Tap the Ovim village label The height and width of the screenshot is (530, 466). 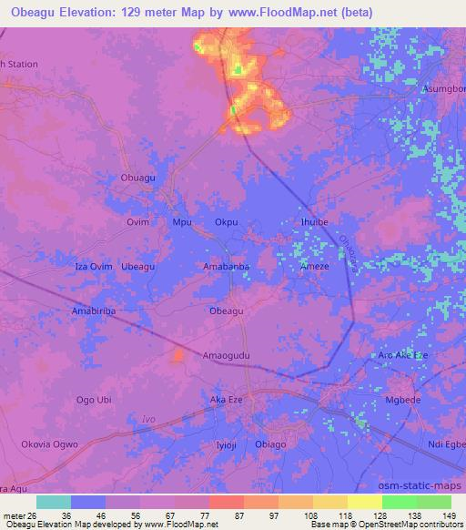coord(137,221)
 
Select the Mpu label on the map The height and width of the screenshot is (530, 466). coord(181,221)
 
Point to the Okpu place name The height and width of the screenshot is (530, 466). coord(227,221)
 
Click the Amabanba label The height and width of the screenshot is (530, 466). coord(226,266)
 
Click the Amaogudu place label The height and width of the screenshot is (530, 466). coord(227,354)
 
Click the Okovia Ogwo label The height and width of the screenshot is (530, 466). coord(45,443)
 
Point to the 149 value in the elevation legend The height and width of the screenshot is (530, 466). coord(443,515)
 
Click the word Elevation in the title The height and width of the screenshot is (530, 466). coord(95,11)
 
